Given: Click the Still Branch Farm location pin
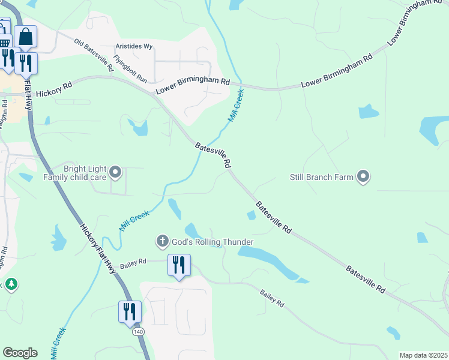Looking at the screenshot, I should point(363,176).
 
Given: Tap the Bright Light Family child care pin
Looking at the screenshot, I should point(116,173).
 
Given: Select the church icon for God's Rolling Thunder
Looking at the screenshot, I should point(161,242).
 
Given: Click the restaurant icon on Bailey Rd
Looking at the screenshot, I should point(179,265).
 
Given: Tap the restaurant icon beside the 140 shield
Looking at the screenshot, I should point(130,311).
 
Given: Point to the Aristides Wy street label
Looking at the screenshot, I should point(134,46).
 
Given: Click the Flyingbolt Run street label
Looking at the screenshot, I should point(130,70).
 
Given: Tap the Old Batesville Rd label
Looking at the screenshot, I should point(94,56).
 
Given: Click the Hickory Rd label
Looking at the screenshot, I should point(53,90).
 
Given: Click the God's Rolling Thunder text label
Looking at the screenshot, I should point(212,242).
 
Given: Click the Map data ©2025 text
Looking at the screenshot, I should point(423,355).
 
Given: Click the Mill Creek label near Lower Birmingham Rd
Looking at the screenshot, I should point(237,106).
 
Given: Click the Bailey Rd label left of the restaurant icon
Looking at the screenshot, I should point(133,262).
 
